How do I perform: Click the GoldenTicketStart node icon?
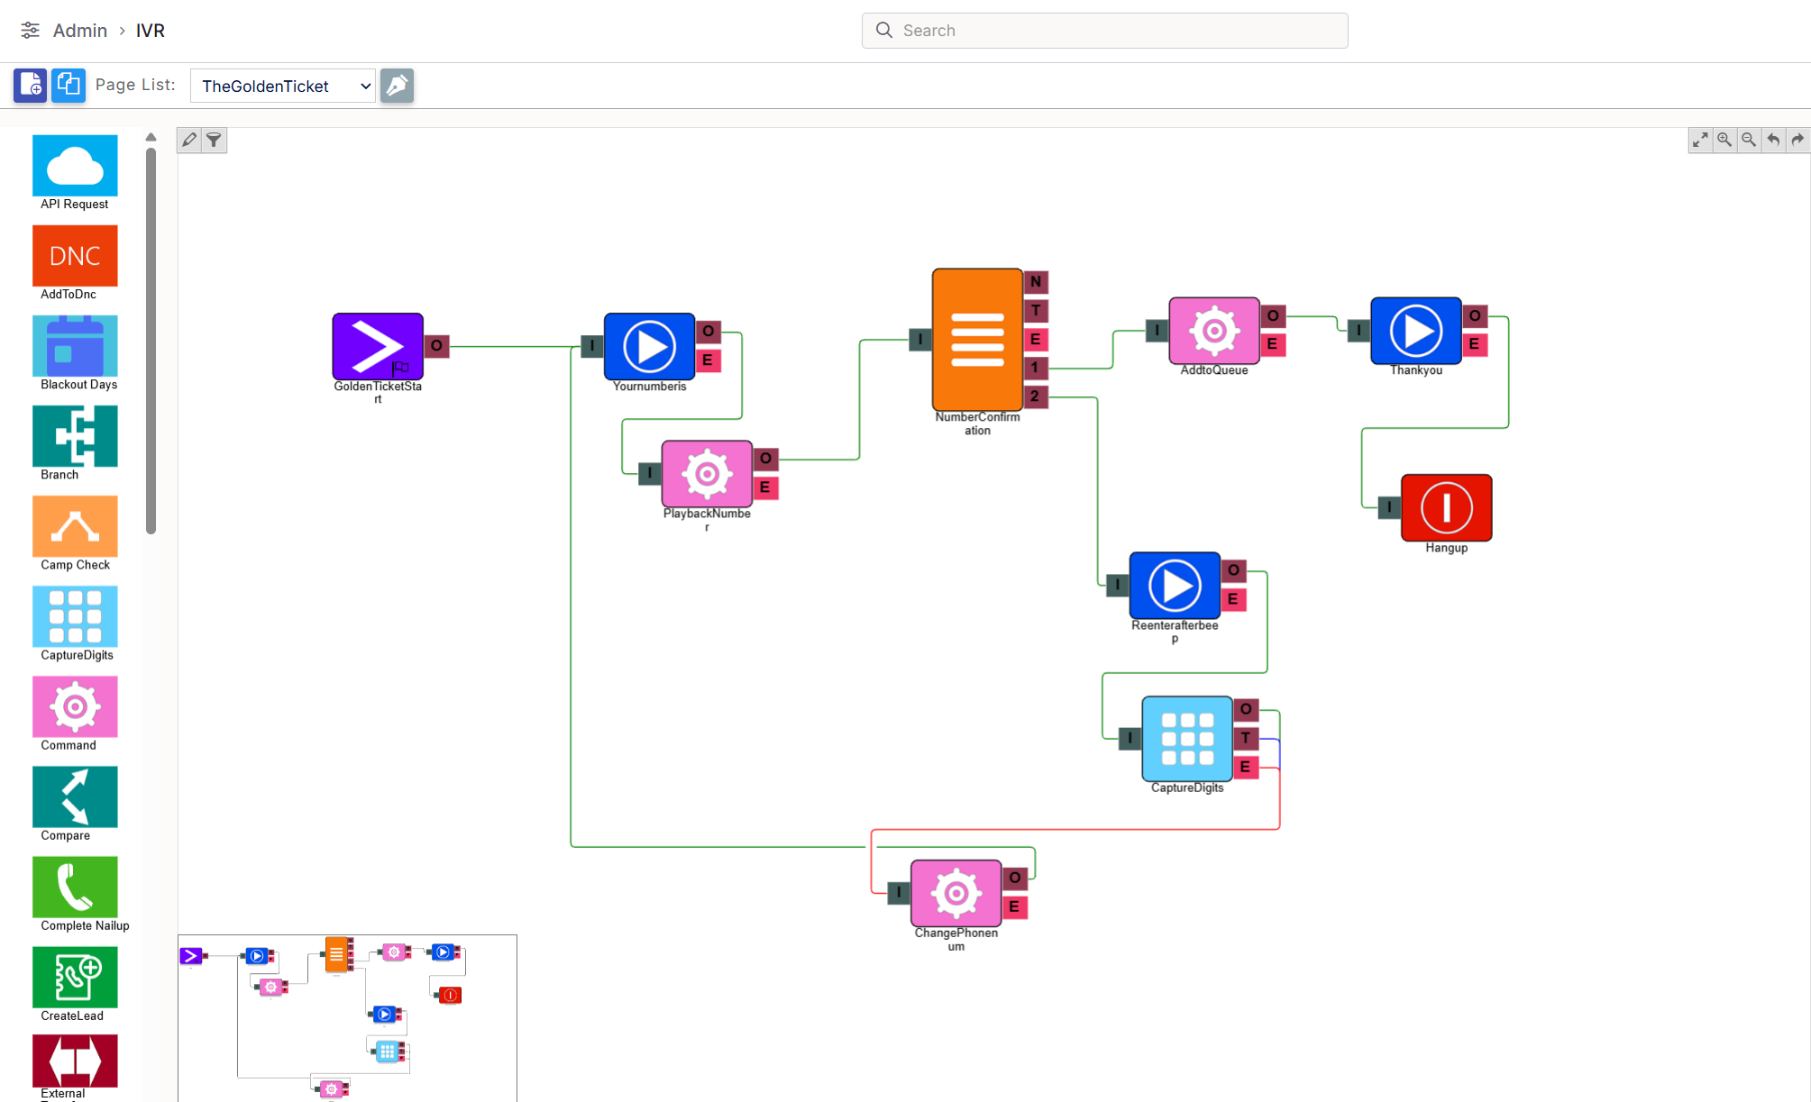point(378,346)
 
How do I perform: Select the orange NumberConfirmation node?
point(977,339)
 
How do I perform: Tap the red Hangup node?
point(1447,507)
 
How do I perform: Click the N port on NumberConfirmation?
point(1036,282)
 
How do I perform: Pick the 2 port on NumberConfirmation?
point(1036,396)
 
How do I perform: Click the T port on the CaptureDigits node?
point(1246,738)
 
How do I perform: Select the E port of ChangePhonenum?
point(1015,906)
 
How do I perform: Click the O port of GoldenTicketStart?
point(436,345)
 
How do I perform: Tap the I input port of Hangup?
point(1390,507)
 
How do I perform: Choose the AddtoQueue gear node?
point(1214,331)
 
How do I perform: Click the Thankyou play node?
point(1416,331)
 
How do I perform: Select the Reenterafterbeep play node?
point(1175,586)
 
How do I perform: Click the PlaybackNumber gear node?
point(707,474)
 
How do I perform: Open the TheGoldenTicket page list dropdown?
point(283,86)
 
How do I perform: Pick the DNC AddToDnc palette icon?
point(75,256)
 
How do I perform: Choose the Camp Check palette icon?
point(75,526)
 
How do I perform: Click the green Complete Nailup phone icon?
point(75,887)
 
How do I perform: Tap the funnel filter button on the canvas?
point(214,140)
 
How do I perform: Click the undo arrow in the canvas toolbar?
point(1773,140)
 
